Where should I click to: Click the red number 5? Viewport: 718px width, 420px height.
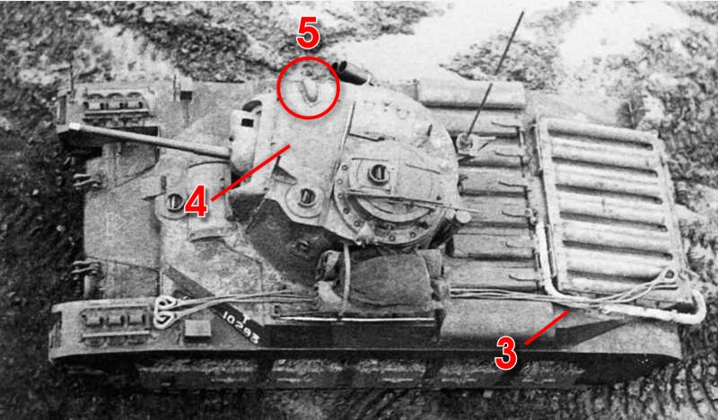click(307, 34)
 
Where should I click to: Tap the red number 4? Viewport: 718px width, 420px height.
click(196, 205)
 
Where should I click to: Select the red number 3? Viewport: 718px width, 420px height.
click(506, 354)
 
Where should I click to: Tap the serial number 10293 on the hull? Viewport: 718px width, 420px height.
click(241, 328)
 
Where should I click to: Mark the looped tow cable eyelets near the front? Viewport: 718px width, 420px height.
click(165, 312)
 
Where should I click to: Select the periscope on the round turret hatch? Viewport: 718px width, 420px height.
click(378, 172)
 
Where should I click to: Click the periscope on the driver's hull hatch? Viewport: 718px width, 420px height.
click(174, 201)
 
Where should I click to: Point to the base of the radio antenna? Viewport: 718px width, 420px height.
click(466, 140)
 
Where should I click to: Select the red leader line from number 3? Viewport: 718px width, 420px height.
click(547, 328)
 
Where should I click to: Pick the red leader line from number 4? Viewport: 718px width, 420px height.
click(250, 172)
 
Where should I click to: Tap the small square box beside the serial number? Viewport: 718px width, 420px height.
click(197, 328)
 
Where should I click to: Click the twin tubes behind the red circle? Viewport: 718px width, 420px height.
click(351, 74)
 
